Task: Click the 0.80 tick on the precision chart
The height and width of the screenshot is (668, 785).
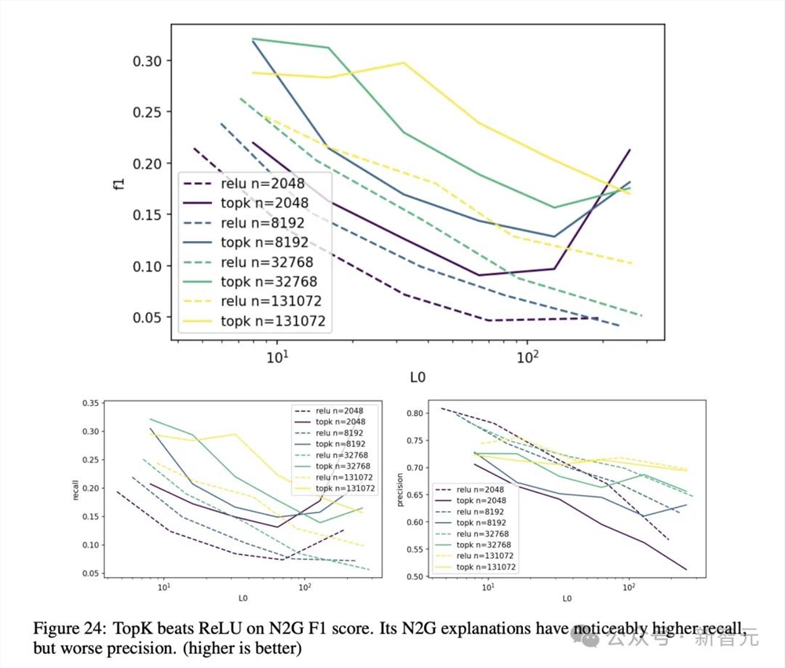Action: click(414, 413)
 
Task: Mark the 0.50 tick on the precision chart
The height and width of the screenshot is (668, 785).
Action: click(414, 576)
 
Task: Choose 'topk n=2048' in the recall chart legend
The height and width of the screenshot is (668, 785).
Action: click(340, 422)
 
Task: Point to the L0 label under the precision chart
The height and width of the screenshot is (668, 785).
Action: click(566, 600)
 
